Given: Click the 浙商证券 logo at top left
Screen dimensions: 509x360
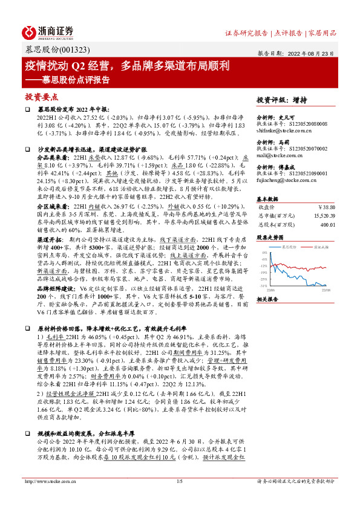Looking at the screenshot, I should (48, 31).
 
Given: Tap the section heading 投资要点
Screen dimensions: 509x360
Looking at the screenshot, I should (42, 96).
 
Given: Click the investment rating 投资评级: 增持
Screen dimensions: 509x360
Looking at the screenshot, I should (281, 100).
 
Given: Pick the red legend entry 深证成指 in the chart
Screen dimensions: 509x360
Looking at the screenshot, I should (321, 248).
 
